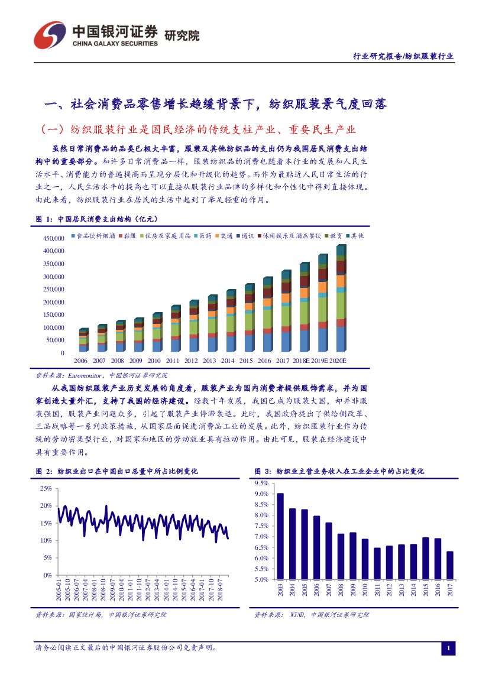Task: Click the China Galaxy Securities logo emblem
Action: pos(48,35)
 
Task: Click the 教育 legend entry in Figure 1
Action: pos(333,236)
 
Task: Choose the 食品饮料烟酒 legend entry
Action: pos(95,236)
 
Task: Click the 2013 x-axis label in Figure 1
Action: pos(209,361)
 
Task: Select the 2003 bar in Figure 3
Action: pos(280,536)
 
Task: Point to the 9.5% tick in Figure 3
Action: pos(261,483)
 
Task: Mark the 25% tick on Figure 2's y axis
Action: pos(46,488)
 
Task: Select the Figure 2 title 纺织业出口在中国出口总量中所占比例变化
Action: pos(127,471)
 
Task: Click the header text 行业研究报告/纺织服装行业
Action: pos(403,56)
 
